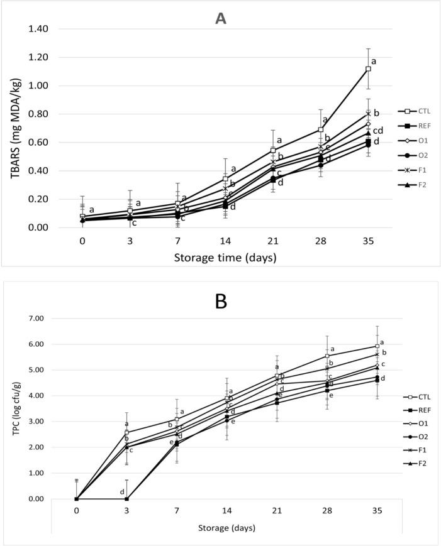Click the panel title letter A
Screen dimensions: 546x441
(220, 18)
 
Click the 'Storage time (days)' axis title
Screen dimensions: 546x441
(225, 257)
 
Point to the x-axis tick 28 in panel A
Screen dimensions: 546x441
(320, 241)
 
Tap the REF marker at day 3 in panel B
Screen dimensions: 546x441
(127, 499)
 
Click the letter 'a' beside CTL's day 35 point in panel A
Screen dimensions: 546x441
(373, 62)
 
